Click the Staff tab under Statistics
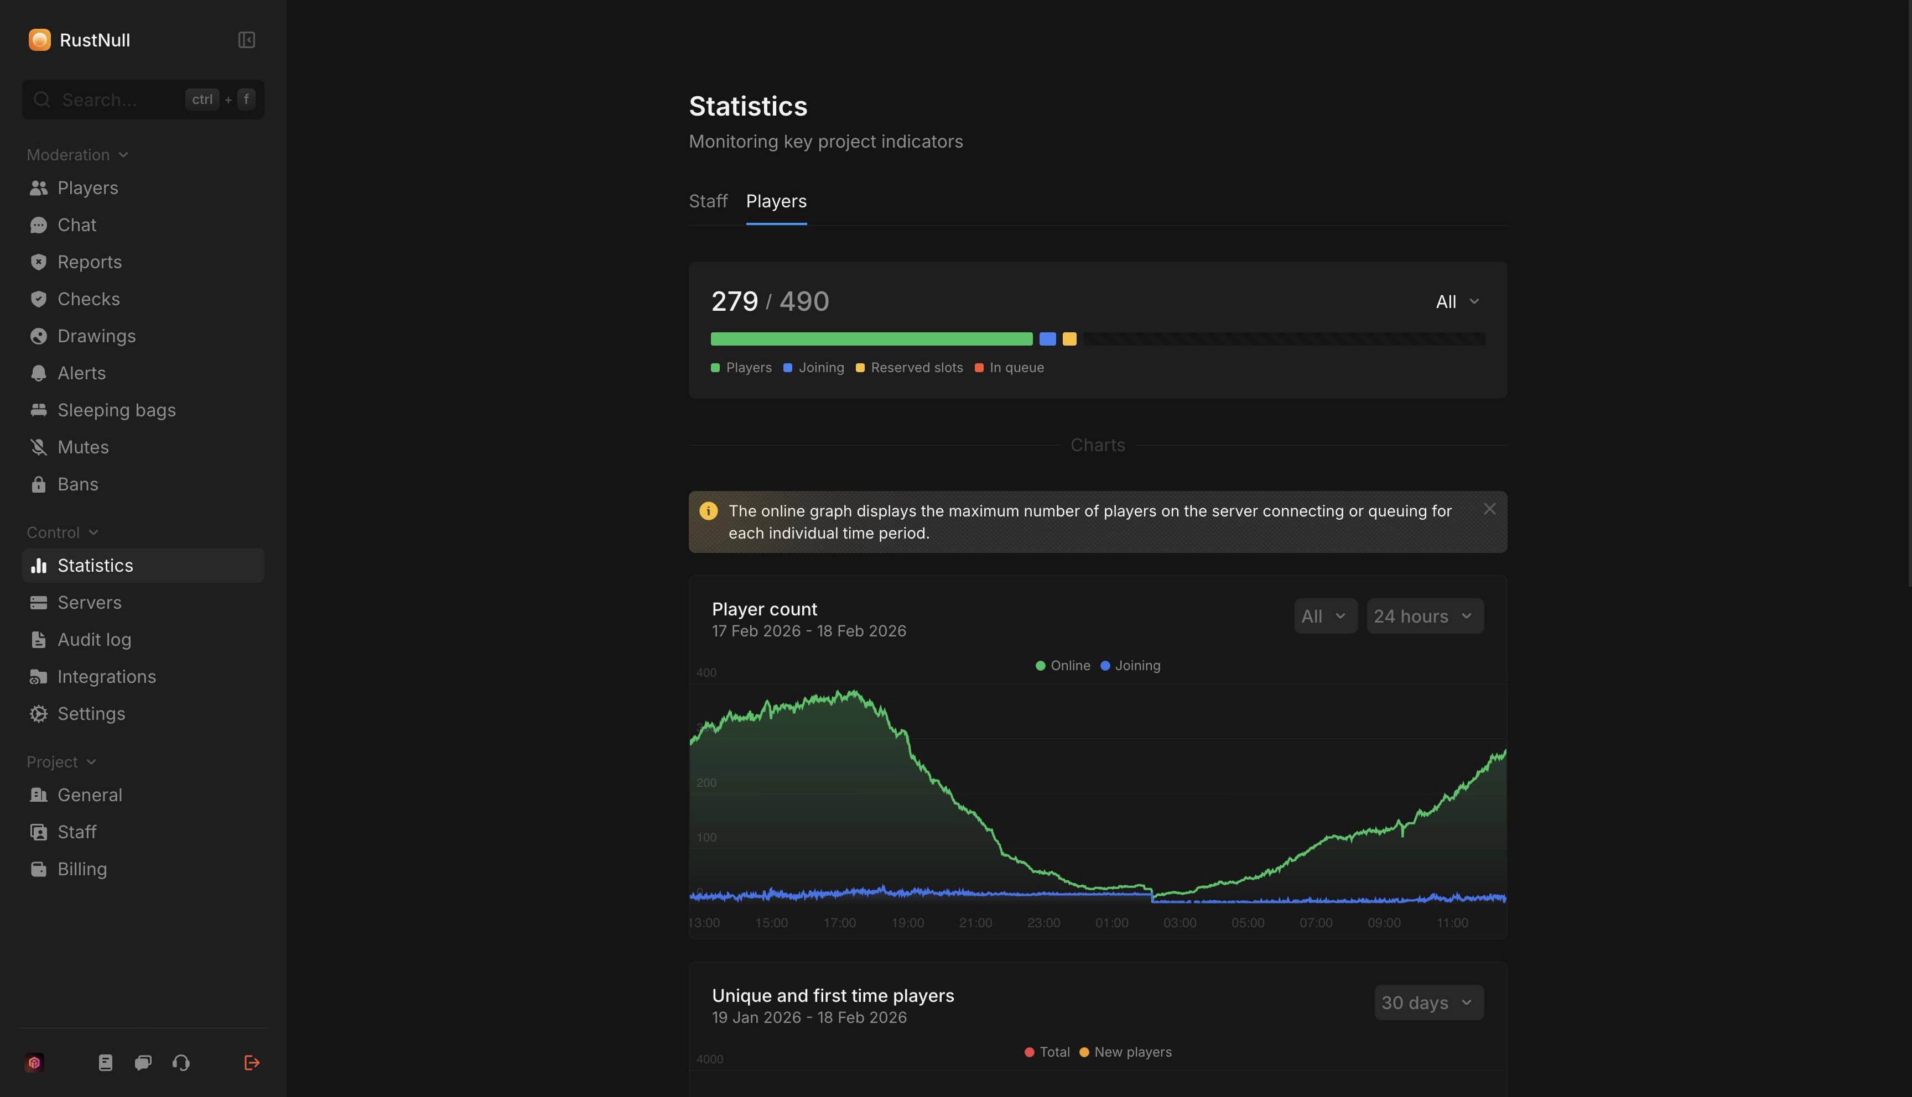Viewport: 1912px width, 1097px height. [708, 201]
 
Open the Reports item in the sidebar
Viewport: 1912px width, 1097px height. [89, 262]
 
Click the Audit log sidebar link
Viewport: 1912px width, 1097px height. [94, 640]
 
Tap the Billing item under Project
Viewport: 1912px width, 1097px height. [82, 869]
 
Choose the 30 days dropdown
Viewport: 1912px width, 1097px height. [1428, 1003]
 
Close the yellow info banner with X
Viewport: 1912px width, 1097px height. [1489, 509]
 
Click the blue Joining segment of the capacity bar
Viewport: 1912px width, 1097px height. [1047, 339]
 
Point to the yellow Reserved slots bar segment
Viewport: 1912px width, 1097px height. [1069, 339]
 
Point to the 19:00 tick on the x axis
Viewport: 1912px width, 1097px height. [907, 923]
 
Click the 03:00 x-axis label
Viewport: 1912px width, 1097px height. [1180, 923]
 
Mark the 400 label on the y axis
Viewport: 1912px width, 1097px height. [706, 673]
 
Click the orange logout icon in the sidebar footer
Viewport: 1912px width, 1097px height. [252, 1063]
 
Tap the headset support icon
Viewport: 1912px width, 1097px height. [181, 1063]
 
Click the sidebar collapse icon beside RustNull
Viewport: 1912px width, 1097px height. [246, 40]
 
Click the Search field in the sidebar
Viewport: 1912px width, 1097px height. [121, 100]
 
